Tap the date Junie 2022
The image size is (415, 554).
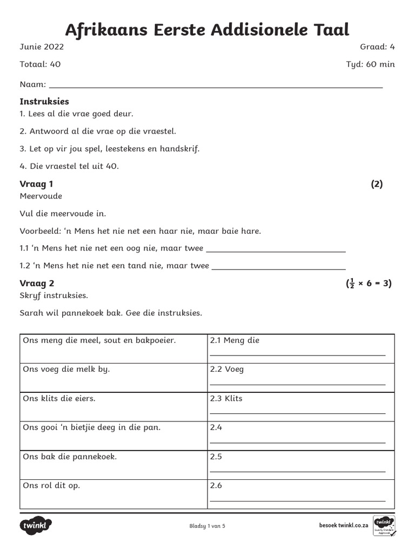point(42,47)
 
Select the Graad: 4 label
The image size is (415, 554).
point(377,47)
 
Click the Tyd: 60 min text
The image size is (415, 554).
point(370,64)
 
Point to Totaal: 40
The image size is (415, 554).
point(40,64)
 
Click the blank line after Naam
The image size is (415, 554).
point(216,87)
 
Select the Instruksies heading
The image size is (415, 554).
point(44,102)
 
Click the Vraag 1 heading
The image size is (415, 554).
point(36,184)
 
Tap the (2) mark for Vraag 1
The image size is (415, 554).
point(377,184)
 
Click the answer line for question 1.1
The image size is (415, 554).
point(276,251)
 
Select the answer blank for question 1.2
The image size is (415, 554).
point(278,268)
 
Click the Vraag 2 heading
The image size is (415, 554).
point(37,283)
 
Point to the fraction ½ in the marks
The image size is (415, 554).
point(351,283)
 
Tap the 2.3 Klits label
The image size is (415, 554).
point(226,399)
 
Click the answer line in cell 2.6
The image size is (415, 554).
point(297,500)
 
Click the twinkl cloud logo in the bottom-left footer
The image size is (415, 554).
point(36,525)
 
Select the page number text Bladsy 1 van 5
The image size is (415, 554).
point(207,526)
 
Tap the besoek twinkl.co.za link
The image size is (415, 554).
point(344,525)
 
